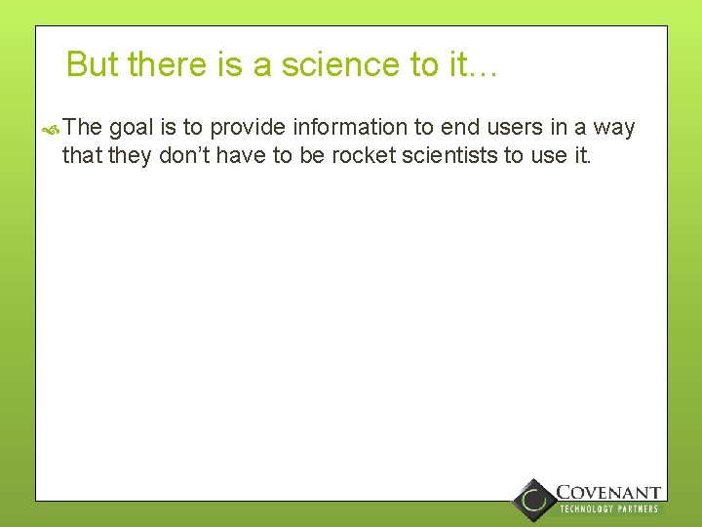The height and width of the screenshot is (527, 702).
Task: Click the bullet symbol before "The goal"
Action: pyautogui.click(x=53, y=129)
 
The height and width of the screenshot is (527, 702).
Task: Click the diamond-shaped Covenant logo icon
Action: pyautogui.click(x=533, y=500)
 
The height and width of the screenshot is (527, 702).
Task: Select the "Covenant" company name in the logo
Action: pyautogui.click(x=608, y=493)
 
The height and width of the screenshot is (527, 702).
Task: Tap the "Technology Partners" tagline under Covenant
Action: pyautogui.click(x=608, y=509)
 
